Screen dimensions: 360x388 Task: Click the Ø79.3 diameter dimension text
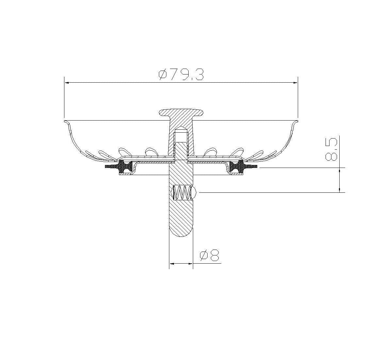pyautogui.click(x=181, y=75)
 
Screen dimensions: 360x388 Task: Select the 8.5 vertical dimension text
pyautogui.click(x=331, y=149)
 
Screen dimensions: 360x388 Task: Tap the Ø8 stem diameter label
pyautogui.click(x=209, y=256)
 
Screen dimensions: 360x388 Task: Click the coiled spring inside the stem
pyautogui.click(x=181, y=192)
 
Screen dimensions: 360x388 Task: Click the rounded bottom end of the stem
pyautogui.click(x=181, y=232)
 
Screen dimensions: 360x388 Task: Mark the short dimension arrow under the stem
pyautogui.click(x=181, y=263)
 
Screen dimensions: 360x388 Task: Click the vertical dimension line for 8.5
pyautogui.click(x=340, y=180)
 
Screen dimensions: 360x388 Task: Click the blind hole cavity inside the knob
pyautogui.click(x=181, y=135)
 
